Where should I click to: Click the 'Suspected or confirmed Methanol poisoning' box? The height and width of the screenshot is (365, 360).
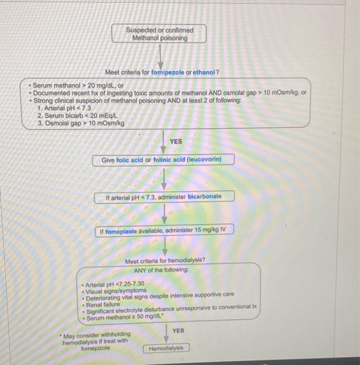coord(159,34)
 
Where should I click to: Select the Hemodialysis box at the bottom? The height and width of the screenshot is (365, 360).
coord(166,348)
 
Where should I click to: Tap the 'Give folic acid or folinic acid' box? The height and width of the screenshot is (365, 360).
coord(164,159)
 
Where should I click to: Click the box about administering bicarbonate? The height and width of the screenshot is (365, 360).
coord(164,197)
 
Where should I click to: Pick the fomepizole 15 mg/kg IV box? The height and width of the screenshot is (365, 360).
coord(164,230)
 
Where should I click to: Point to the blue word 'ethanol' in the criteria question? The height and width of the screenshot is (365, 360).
coord(204,72)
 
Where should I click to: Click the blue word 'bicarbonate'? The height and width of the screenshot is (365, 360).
coord(205,197)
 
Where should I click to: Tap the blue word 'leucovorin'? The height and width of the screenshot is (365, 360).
coord(203,159)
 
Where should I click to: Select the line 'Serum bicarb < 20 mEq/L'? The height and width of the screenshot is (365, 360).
coord(76,115)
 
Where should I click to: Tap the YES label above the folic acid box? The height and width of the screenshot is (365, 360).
coord(176,141)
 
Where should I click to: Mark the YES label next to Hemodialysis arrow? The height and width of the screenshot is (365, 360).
coord(178,331)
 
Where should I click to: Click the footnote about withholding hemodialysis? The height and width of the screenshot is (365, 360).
coord(95,341)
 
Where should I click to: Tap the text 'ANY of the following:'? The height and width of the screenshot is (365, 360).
coord(162,270)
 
